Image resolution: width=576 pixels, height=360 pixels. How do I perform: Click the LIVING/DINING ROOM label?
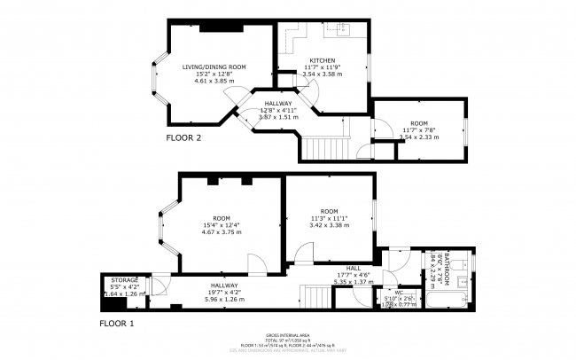[214, 67]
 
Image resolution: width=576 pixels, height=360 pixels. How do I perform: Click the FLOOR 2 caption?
[184, 138]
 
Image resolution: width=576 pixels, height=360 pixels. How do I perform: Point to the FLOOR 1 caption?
[115, 324]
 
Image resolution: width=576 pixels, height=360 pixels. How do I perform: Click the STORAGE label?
[124, 280]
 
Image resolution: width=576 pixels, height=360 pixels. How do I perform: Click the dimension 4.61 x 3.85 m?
[214, 81]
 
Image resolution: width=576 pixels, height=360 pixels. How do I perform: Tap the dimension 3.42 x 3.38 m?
[328, 225]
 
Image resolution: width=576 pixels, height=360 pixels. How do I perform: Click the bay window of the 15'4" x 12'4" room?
[160, 225]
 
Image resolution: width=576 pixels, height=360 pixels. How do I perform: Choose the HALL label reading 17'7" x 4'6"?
[353, 268]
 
